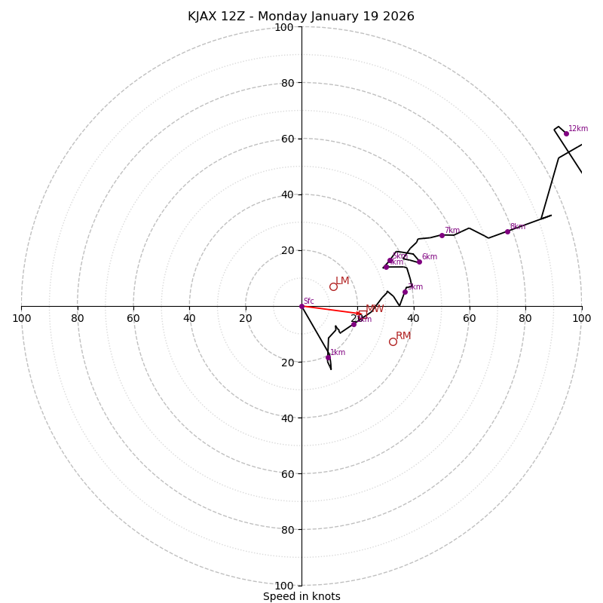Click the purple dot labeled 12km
pyautogui.click(x=566, y=133)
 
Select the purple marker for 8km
pyautogui.click(x=507, y=231)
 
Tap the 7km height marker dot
pyautogui.click(x=442, y=235)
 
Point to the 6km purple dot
pyautogui.click(x=419, y=262)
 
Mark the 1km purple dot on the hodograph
pyautogui.click(x=328, y=357)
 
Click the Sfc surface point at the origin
pyautogui.click(x=301, y=306)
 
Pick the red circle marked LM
pyautogui.click(x=333, y=286)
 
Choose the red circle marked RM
pyautogui.click(x=393, y=341)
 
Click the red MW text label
pyautogui.click(x=375, y=309)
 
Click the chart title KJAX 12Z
pyautogui.click(x=301, y=17)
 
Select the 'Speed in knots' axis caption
pyautogui.click(x=301, y=596)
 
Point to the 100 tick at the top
pyautogui.click(x=284, y=27)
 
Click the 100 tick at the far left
pyautogui.click(x=21, y=318)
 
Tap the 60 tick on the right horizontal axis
pyautogui.click(x=470, y=318)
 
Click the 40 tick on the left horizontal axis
pyautogui.click(x=189, y=318)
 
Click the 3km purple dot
pyautogui.click(x=405, y=292)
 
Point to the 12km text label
pyautogui.click(x=578, y=129)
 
